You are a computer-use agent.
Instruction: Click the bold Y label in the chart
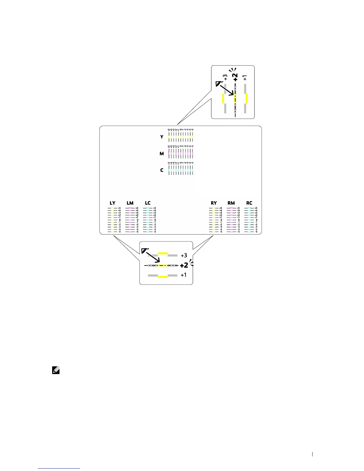[x=162, y=137]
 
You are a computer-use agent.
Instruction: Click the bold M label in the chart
[x=162, y=154]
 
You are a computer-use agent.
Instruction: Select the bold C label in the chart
[x=162, y=170]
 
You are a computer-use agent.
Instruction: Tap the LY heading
[x=112, y=203]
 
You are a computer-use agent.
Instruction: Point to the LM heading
[x=130, y=203]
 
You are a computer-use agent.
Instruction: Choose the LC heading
[x=148, y=203]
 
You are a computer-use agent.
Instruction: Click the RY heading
[x=214, y=203]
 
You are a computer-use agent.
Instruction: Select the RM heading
[x=231, y=203]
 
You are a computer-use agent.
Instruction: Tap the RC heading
[x=249, y=203]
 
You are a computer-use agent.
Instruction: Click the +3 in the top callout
[x=226, y=77]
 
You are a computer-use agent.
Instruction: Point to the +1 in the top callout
[x=245, y=78]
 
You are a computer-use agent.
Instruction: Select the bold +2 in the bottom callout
[x=184, y=265]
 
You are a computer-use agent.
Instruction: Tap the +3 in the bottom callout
[x=184, y=255]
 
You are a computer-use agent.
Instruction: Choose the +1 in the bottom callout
[x=184, y=275]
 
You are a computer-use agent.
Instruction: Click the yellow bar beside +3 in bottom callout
[x=163, y=253]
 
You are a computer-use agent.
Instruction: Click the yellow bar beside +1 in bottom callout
[x=163, y=277]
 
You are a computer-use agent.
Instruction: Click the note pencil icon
[x=56, y=370]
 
